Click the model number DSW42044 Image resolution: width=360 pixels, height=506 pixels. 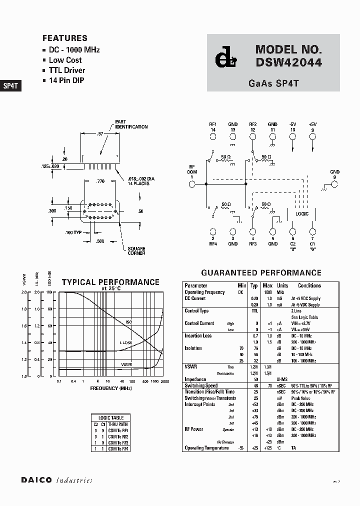click(x=288, y=62)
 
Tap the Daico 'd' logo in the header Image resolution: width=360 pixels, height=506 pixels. click(x=222, y=59)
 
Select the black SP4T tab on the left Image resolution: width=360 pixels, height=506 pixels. click(x=10, y=85)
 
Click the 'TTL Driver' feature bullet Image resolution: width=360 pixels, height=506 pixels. click(x=66, y=70)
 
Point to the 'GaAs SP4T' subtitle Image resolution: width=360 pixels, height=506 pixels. click(x=273, y=83)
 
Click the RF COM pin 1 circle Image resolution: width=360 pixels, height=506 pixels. click(x=191, y=184)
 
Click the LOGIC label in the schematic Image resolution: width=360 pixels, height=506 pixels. click(x=301, y=213)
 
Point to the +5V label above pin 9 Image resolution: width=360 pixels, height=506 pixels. click(x=312, y=124)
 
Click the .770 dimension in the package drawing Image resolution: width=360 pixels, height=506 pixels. click(x=100, y=182)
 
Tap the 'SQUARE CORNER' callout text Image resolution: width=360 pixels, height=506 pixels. click(x=136, y=251)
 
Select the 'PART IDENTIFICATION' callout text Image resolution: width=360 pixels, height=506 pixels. click(x=131, y=124)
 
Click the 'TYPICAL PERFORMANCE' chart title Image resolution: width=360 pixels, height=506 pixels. click(x=110, y=282)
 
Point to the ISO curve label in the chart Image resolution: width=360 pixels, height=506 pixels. click(x=128, y=322)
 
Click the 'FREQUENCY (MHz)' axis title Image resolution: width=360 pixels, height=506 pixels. click(x=111, y=388)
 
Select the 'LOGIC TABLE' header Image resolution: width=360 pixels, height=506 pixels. click(x=111, y=417)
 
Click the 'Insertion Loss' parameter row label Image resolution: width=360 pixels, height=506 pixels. click(x=198, y=335)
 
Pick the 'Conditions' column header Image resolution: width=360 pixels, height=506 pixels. click(x=309, y=285)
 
